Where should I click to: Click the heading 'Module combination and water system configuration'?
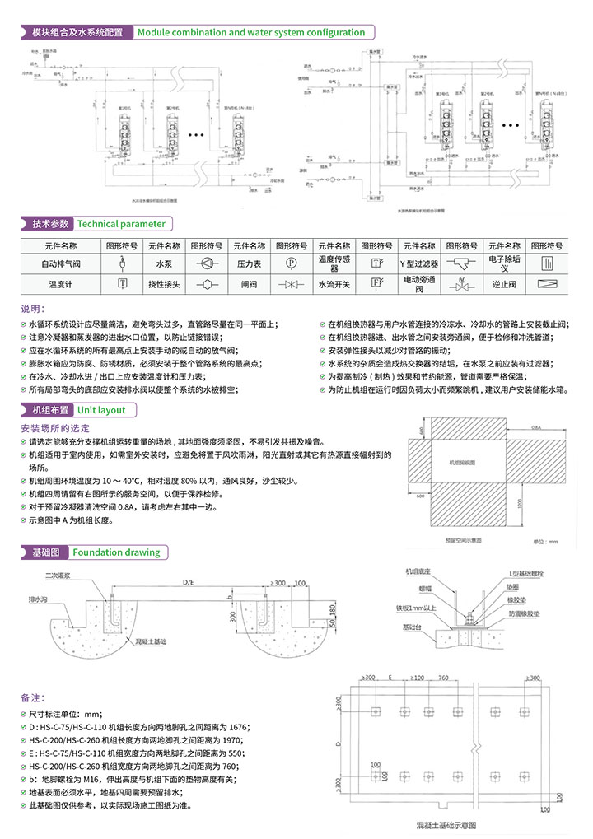pyautogui.click(x=251, y=33)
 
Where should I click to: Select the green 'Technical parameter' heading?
pyautogui.click(x=121, y=224)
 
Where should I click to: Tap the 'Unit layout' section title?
pyautogui.click(x=101, y=409)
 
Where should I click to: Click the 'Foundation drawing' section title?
pyautogui.click(x=115, y=552)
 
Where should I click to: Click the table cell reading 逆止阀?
pyautogui.click(x=503, y=284)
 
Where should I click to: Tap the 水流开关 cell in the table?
pyautogui.click(x=334, y=284)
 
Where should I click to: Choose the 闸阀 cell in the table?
pyautogui.click(x=249, y=284)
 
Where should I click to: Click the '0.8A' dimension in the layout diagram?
pyautogui.click(x=537, y=428)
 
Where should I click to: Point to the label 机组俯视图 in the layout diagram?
pyautogui.click(x=463, y=464)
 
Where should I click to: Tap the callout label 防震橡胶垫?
pyautogui.click(x=524, y=614)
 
